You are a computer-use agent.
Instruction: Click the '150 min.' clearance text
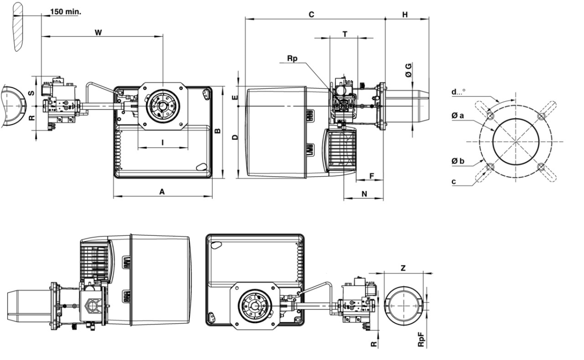65,11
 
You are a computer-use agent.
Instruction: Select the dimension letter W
98,32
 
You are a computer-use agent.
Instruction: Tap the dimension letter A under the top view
162,192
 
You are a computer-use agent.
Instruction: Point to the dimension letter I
163,142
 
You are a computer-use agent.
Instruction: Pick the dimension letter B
218,130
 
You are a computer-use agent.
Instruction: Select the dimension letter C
311,15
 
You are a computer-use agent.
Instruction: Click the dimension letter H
405,15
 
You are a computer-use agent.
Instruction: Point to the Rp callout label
292,58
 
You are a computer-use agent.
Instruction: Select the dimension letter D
235,138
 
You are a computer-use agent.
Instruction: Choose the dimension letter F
371,175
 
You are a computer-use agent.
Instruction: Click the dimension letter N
364,193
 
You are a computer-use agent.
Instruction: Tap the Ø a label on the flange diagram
457,115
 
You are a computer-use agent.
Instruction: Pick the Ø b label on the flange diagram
457,160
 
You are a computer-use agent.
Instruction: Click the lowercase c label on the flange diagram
454,182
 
